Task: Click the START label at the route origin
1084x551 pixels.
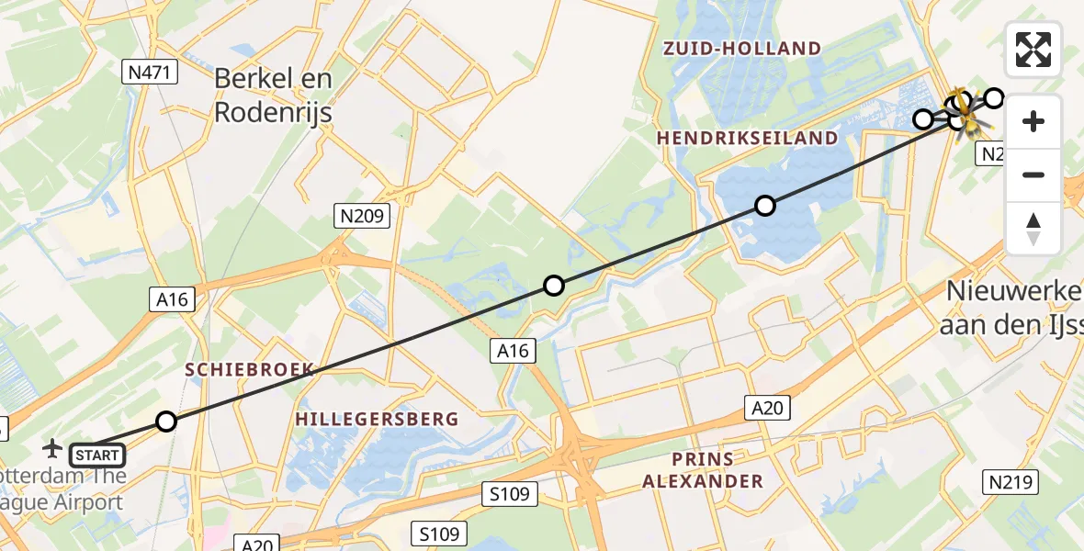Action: point(96,455)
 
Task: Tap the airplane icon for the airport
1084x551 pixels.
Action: point(52,448)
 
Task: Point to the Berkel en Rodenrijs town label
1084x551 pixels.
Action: point(273,95)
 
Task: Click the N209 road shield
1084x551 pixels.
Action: point(361,217)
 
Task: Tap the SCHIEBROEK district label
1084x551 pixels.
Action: point(250,369)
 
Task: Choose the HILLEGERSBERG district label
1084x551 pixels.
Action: point(377,419)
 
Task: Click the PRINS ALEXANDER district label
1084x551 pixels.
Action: point(702,470)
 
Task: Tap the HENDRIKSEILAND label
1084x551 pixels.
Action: point(748,138)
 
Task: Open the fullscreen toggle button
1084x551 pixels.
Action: point(1033,50)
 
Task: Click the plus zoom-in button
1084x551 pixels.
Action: point(1033,121)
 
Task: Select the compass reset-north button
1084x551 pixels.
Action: point(1033,229)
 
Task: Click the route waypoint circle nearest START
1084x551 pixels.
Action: point(165,422)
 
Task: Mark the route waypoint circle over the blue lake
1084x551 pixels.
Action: point(765,206)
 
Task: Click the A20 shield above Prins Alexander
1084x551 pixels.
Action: point(766,407)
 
